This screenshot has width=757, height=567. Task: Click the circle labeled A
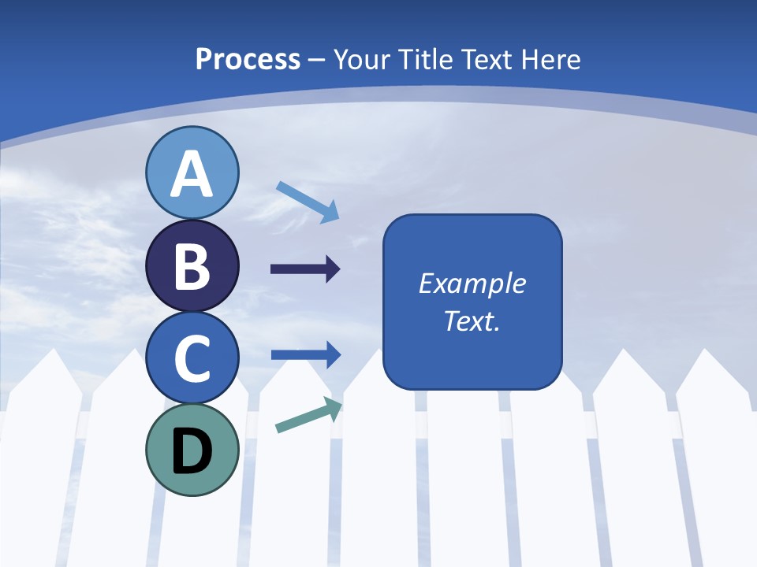click(x=192, y=172)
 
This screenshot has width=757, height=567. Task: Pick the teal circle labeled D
click(x=192, y=450)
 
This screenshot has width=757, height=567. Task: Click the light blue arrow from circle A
click(x=308, y=202)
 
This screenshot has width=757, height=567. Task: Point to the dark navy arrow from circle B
click(x=305, y=269)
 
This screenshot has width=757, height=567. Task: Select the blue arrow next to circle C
click(x=306, y=354)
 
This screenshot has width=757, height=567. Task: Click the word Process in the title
click(x=248, y=59)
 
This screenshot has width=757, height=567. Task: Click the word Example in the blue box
click(x=472, y=283)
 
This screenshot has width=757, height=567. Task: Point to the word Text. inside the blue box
click(x=472, y=321)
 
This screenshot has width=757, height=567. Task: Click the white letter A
click(x=192, y=174)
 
